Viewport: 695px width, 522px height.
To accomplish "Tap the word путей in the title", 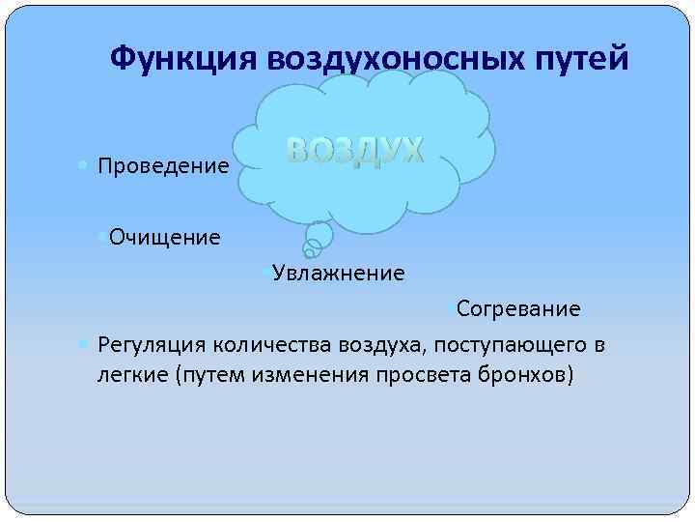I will [x=578, y=59].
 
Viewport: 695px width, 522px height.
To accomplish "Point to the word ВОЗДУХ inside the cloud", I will [x=355, y=150].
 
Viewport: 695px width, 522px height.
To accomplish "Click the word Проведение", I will [x=163, y=166].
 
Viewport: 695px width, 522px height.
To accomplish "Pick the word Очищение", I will [x=165, y=237].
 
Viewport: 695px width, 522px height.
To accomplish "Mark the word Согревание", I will [x=518, y=309].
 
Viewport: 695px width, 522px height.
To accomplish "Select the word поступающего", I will [x=511, y=345].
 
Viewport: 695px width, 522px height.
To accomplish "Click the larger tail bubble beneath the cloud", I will [x=319, y=235].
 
